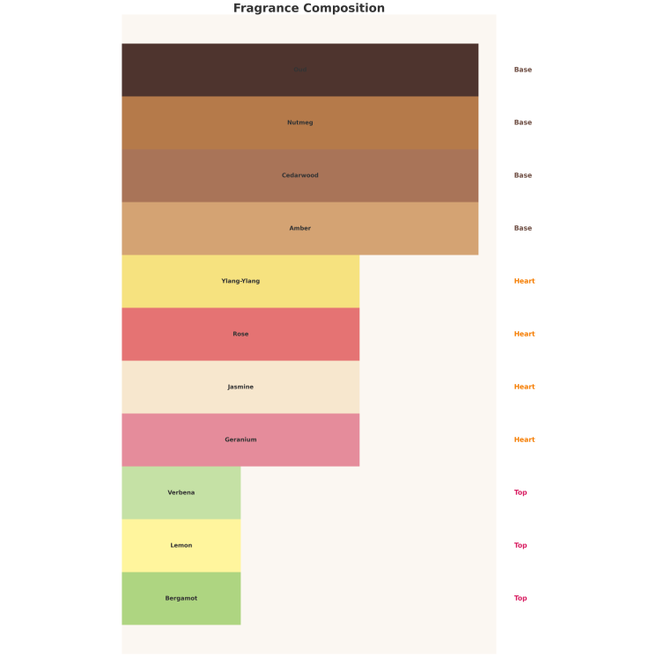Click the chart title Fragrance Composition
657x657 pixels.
(308, 9)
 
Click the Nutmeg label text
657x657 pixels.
(300, 123)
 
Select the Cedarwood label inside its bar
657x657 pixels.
(300, 176)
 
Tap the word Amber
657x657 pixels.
(300, 229)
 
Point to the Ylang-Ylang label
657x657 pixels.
(240, 282)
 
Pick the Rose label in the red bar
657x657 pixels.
(240, 335)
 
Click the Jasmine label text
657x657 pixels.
(240, 388)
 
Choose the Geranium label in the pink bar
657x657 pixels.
(240, 440)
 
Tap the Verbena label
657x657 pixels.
(181, 493)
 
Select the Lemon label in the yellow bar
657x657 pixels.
(181, 546)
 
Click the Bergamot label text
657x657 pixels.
(181, 599)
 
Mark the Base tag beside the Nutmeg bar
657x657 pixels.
(523, 123)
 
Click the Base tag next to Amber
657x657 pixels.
(523, 229)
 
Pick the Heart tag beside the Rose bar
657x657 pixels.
(524, 335)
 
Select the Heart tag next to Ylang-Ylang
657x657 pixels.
(524, 282)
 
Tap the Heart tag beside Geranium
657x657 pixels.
(524, 440)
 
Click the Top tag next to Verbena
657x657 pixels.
(520, 493)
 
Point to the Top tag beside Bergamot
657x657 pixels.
(520, 599)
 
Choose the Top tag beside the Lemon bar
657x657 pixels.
(520, 546)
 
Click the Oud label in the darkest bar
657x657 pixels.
(300, 70)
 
